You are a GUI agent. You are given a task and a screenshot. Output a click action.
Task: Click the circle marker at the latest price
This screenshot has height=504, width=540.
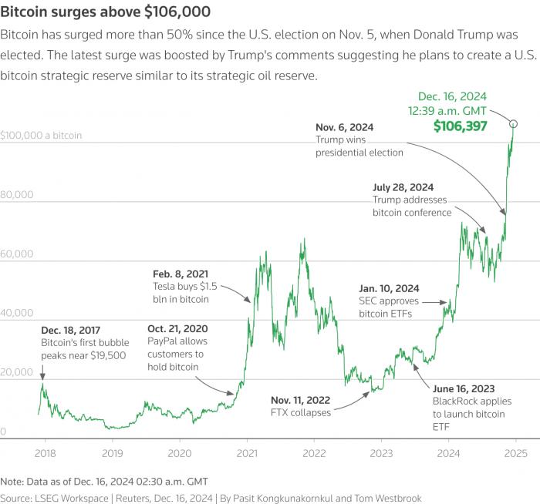click(x=513, y=123)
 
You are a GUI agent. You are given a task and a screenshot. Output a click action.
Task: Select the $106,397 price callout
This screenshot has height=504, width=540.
click(x=460, y=126)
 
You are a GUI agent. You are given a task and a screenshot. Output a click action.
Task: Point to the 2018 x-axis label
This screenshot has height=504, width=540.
click(x=45, y=453)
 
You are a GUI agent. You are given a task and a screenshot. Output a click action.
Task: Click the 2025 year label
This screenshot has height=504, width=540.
click(x=515, y=453)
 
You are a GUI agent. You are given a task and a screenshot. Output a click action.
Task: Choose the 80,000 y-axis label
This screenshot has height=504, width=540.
click(x=16, y=194)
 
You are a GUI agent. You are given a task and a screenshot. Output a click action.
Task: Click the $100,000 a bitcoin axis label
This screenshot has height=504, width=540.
click(x=41, y=135)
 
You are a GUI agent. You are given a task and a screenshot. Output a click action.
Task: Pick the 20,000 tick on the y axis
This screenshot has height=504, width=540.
click(x=16, y=372)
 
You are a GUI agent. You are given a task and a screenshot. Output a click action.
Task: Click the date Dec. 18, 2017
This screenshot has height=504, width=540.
click(x=71, y=331)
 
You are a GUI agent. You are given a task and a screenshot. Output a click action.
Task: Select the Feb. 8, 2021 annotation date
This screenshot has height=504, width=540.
click(x=181, y=274)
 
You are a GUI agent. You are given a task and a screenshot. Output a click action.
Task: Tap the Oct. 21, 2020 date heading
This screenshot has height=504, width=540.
click(x=177, y=329)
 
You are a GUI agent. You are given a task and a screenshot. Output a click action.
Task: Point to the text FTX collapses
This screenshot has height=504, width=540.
click(x=301, y=412)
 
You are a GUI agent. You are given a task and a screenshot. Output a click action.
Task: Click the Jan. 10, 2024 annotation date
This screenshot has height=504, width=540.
click(x=389, y=288)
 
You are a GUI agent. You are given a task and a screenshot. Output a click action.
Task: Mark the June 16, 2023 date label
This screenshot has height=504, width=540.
click(x=464, y=388)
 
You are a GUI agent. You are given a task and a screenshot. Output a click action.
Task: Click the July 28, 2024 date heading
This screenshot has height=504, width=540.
click(x=403, y=187)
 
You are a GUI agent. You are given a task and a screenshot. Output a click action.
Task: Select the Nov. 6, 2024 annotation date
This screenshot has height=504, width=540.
click(x=344, y=127)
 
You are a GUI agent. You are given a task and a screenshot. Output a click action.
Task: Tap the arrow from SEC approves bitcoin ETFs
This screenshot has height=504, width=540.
click(x=434, y=302)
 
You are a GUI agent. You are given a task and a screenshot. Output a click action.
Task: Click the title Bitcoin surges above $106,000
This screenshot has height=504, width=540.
click(x=106, y=12)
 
